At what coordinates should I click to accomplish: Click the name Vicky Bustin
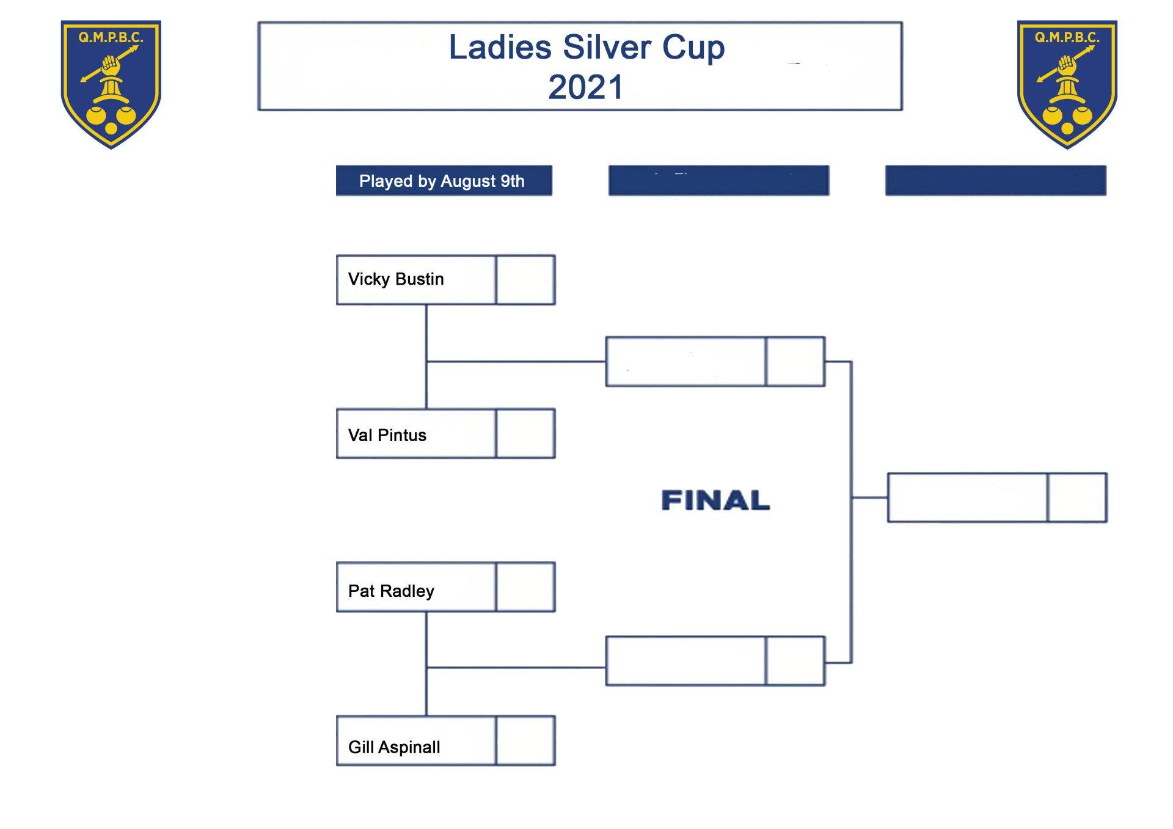point(396,279)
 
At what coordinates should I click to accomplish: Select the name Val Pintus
point(387,435)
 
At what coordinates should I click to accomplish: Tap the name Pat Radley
point(391,591)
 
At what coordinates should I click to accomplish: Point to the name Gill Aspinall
point(394,747)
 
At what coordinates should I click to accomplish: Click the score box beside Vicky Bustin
point(525,280)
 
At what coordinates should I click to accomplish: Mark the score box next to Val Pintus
point(525,434)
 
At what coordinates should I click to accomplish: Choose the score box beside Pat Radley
point(525,587)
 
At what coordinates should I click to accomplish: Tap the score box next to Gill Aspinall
point(525,740)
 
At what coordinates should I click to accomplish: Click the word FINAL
point(715,500)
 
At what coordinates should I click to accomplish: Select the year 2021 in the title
point(585,87)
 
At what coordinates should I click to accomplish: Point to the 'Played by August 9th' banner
point(444,181)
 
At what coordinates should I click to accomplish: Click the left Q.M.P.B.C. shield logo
point(111,84)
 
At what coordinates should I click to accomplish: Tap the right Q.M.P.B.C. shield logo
point(1067,84)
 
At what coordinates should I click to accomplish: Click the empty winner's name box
point(967,498)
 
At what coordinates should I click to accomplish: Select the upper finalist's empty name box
point(685,362)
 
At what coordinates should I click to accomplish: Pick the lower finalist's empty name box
point(685,661)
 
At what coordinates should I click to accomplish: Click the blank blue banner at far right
point(995,181)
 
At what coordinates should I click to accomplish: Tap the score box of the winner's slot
point(1077,498)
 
